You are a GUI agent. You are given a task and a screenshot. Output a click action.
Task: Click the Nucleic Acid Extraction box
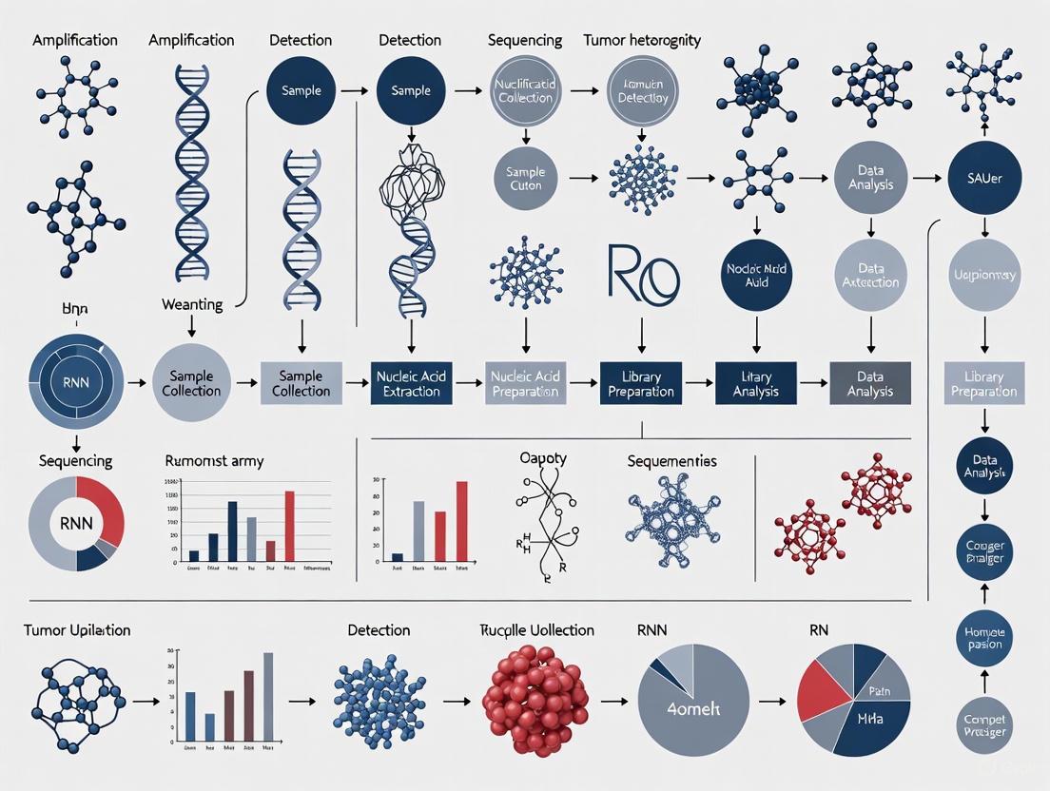(x=410, y=383)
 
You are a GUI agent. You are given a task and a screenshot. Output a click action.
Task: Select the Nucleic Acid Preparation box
(x=526, y=383)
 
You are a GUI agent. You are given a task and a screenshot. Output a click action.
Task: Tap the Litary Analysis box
(x=756, y=383)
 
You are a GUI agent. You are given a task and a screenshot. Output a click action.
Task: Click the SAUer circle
(x=984, y=179)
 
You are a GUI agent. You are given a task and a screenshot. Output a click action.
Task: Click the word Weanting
(x=192, y=305)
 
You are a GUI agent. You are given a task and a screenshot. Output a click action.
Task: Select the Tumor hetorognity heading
(x=642, y=41)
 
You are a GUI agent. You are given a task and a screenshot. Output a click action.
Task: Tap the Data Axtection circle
(x=870, y=276)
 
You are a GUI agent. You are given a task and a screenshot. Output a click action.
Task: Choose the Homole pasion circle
(x=984, y=637)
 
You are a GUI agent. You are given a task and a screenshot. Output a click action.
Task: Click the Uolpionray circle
(x=984, y=276)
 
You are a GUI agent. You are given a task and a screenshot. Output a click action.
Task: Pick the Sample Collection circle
(x=191, y=383)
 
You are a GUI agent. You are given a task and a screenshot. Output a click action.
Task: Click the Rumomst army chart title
(x=214, y=461)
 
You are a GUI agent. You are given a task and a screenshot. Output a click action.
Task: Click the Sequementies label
(x=671, y=461)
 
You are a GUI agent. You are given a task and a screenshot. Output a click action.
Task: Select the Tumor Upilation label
(x=78, y=630)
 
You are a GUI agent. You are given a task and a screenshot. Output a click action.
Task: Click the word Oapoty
(x=543, y=458)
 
